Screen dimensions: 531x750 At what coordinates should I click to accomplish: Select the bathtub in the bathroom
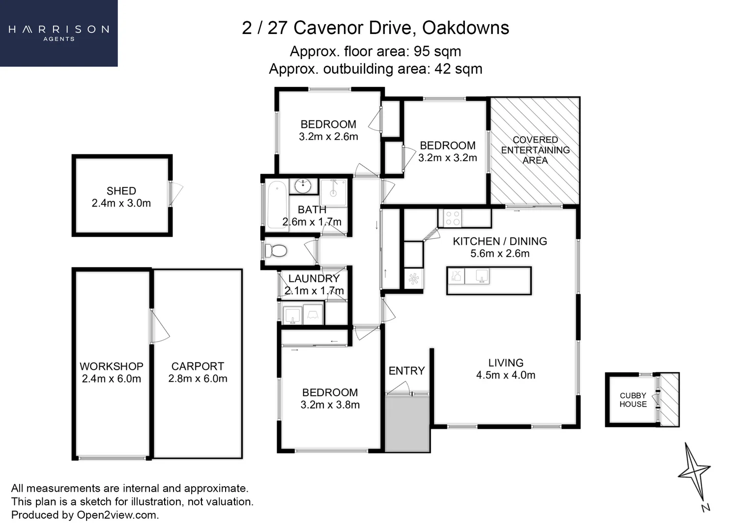pos(277,205)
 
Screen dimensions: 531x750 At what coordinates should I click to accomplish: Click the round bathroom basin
pos(303,186)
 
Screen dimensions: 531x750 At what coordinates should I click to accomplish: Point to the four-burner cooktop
pos(452,218)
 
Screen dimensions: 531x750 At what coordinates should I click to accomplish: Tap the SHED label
pos(121,191)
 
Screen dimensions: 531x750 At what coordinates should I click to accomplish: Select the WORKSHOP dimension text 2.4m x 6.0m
pos(112,379)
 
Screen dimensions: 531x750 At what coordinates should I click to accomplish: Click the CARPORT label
pos(198,366)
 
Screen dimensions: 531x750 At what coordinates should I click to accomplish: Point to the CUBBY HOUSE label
pos(633,400)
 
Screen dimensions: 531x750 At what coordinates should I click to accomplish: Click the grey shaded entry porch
pos(407,423)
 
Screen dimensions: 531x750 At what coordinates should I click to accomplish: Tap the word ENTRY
pos(406,371)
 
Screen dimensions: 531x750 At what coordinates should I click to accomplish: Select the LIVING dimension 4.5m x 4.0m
pos(506,375)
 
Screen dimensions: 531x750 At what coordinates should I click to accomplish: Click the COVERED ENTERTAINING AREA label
pos(535,150)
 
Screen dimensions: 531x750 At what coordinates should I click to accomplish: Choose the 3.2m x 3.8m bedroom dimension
pos(330,405)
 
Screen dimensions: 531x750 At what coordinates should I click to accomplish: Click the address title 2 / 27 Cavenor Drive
pos(375,28)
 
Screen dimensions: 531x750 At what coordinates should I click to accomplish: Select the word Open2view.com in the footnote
pos(117,515)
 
